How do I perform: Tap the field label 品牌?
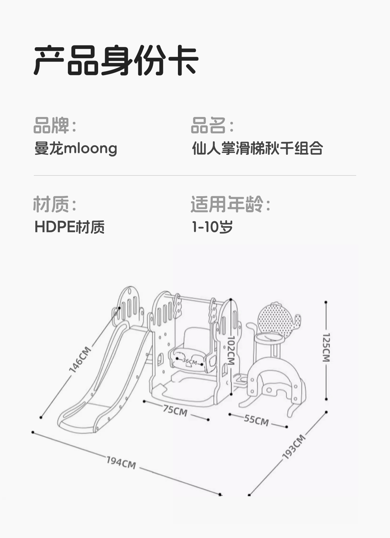[x=55, y=125]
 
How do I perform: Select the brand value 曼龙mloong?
[x=76, y=148]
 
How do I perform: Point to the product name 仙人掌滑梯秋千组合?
[x=257, y=148]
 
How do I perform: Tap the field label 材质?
[x=55, y=204]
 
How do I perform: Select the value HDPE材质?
[x=69, y=227]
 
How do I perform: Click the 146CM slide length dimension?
[x=80, y=359]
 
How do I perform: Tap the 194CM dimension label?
[x=121, y=462]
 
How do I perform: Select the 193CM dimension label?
[x=294, y=447]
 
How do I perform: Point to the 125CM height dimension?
[x=326, y=347]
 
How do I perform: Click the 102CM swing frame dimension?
[x=231, y=350]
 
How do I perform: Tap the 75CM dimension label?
[x=175, y=410]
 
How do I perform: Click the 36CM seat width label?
[x=190, y=361]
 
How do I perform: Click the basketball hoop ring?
[x=269, y=338]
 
